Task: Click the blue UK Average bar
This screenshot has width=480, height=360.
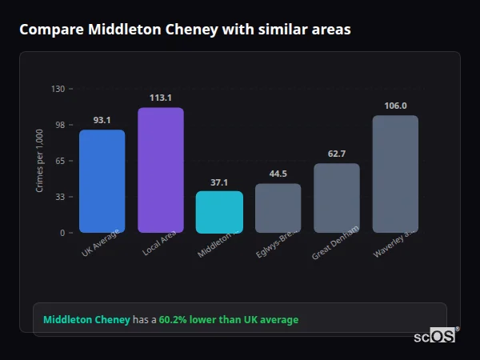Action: coord(102,182)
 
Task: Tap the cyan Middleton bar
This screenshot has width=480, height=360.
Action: coord(218,212)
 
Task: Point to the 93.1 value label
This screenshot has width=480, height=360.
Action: coord(102,120)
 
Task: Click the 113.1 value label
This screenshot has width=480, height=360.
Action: coord(160,98)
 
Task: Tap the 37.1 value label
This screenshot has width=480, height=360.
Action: coord(218,182)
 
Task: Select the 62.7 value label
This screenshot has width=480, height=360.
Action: coord(336,154)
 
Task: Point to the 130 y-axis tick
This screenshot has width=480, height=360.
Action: coord(58,89)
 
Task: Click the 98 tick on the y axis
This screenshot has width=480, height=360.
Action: coord(59,125)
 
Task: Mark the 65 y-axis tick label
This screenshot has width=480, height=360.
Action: coord(59,161)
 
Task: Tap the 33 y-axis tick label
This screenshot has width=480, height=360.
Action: coord(59,197)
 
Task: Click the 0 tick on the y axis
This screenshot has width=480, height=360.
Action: coord(62,233)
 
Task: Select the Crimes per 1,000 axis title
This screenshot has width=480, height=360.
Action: coord(39,161)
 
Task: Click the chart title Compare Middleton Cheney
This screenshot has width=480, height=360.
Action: coord(185,30)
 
